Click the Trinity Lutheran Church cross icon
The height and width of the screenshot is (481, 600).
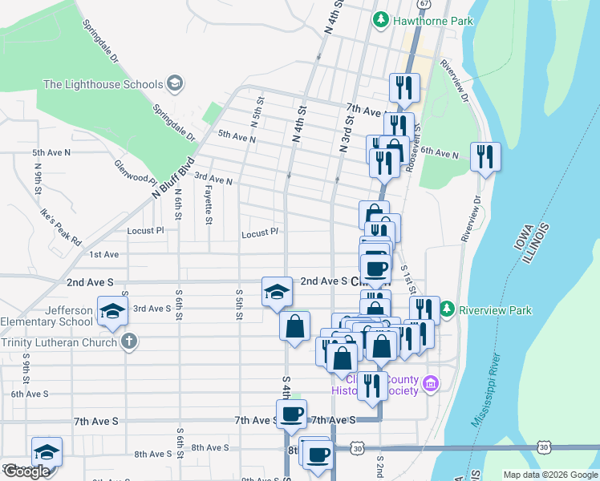pyautogui.click(x=129, y=342)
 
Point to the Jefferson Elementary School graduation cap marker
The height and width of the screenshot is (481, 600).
pyautogui.click(x=112, y=311)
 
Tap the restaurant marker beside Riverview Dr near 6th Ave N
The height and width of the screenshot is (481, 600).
pyautogui.click(x=484, y=156)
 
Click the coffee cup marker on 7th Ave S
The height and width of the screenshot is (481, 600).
pyautogui.click(x=291, y=414)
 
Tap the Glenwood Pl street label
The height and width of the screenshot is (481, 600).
pyautogui.click(x=132, y=171)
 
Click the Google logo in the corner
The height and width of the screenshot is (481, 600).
pyautogui.click(x=26, y=471)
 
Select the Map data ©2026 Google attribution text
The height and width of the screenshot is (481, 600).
pyautogui.click(x=550, y=475)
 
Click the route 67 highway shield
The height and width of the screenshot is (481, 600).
pyautogui.click(x=424, y=4)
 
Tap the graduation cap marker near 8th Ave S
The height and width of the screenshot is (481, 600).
pyautogui.click(x=47, y=451)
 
